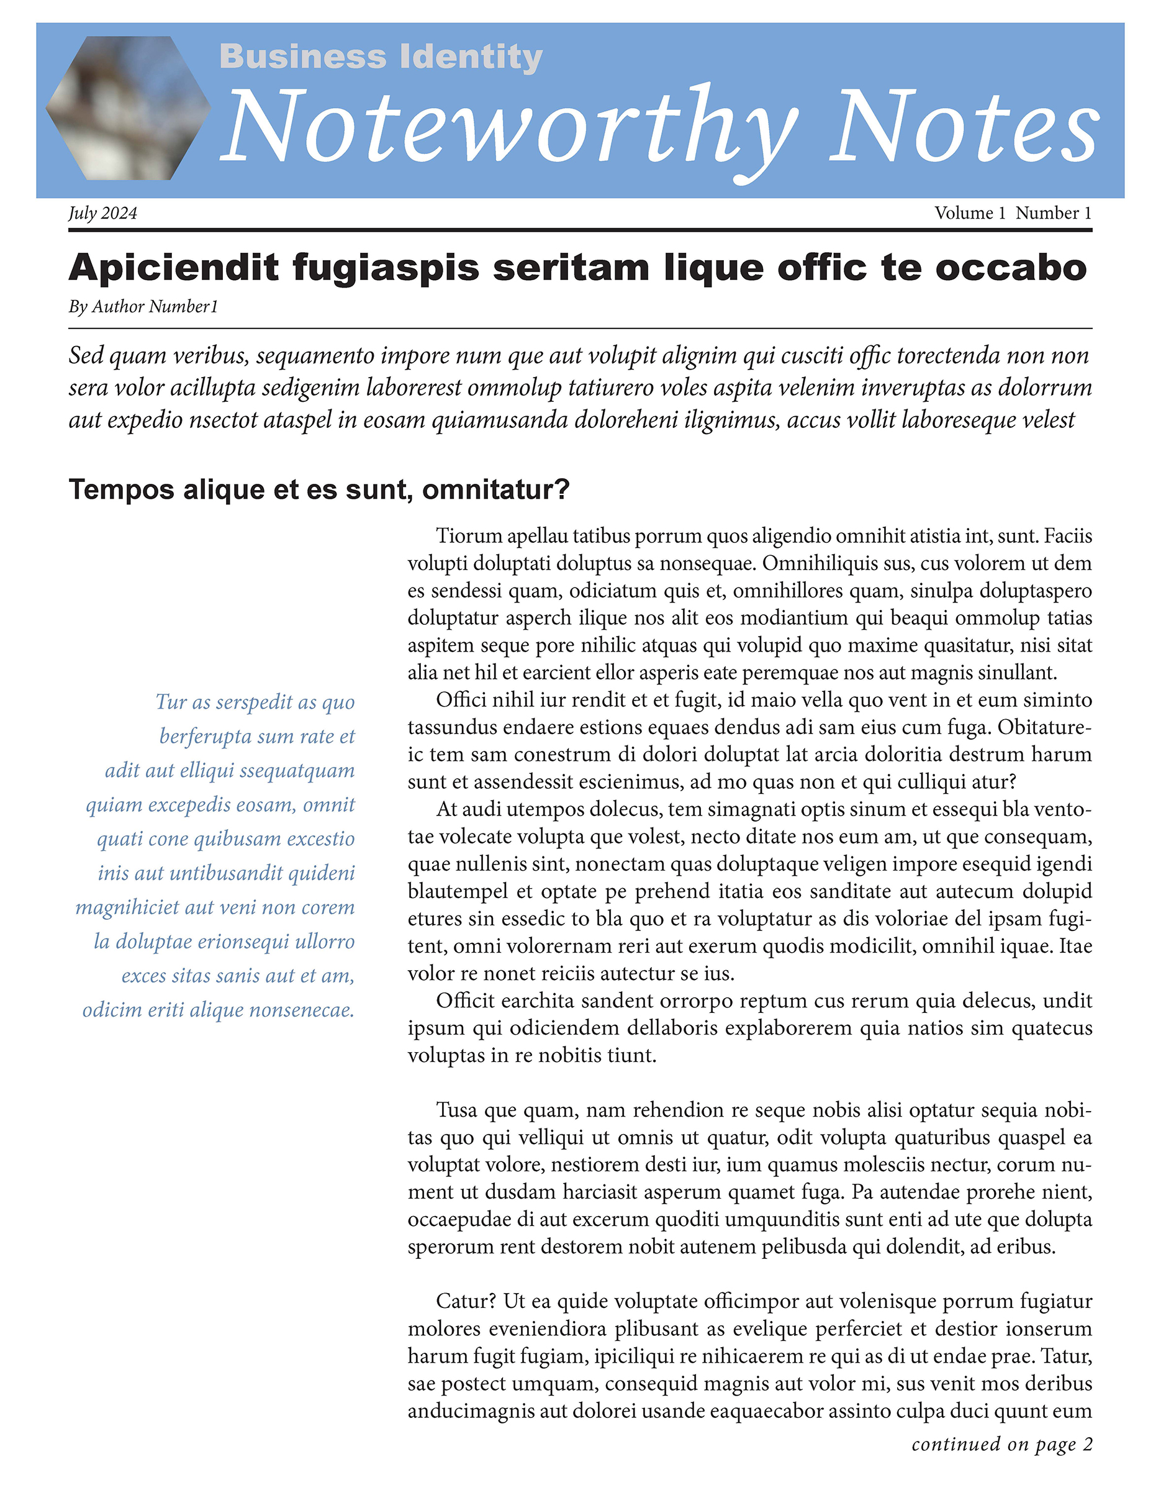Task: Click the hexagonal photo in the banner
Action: click(128, 108)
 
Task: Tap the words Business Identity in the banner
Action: click(381, 57)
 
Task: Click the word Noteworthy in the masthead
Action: click(509, 127)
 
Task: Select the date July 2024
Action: click(102, 213)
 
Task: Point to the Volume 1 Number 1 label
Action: click(1013, 213)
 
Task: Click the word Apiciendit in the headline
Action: click(173, 268)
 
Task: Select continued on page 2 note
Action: click(1001, 1444)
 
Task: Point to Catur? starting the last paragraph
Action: click(466, 1301)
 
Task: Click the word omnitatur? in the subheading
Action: click(496, 489)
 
